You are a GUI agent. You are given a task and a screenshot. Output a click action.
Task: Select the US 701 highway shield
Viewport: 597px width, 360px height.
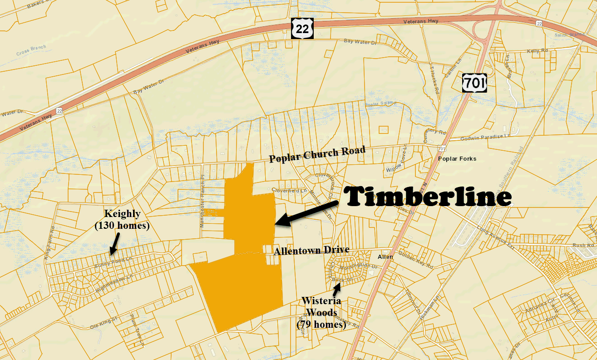pos(475,83)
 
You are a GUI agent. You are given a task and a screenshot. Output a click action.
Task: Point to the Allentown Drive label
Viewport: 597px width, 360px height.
pos(311,250)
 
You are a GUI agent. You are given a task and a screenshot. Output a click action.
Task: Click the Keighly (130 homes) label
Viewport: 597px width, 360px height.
pos(122,219)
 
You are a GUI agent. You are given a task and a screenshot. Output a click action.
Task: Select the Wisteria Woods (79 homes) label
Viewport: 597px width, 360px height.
pos(321,312)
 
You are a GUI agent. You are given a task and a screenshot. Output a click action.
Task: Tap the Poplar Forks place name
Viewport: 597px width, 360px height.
pos(457,159)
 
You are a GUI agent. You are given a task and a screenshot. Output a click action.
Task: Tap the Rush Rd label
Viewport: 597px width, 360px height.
pos(583,245)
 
